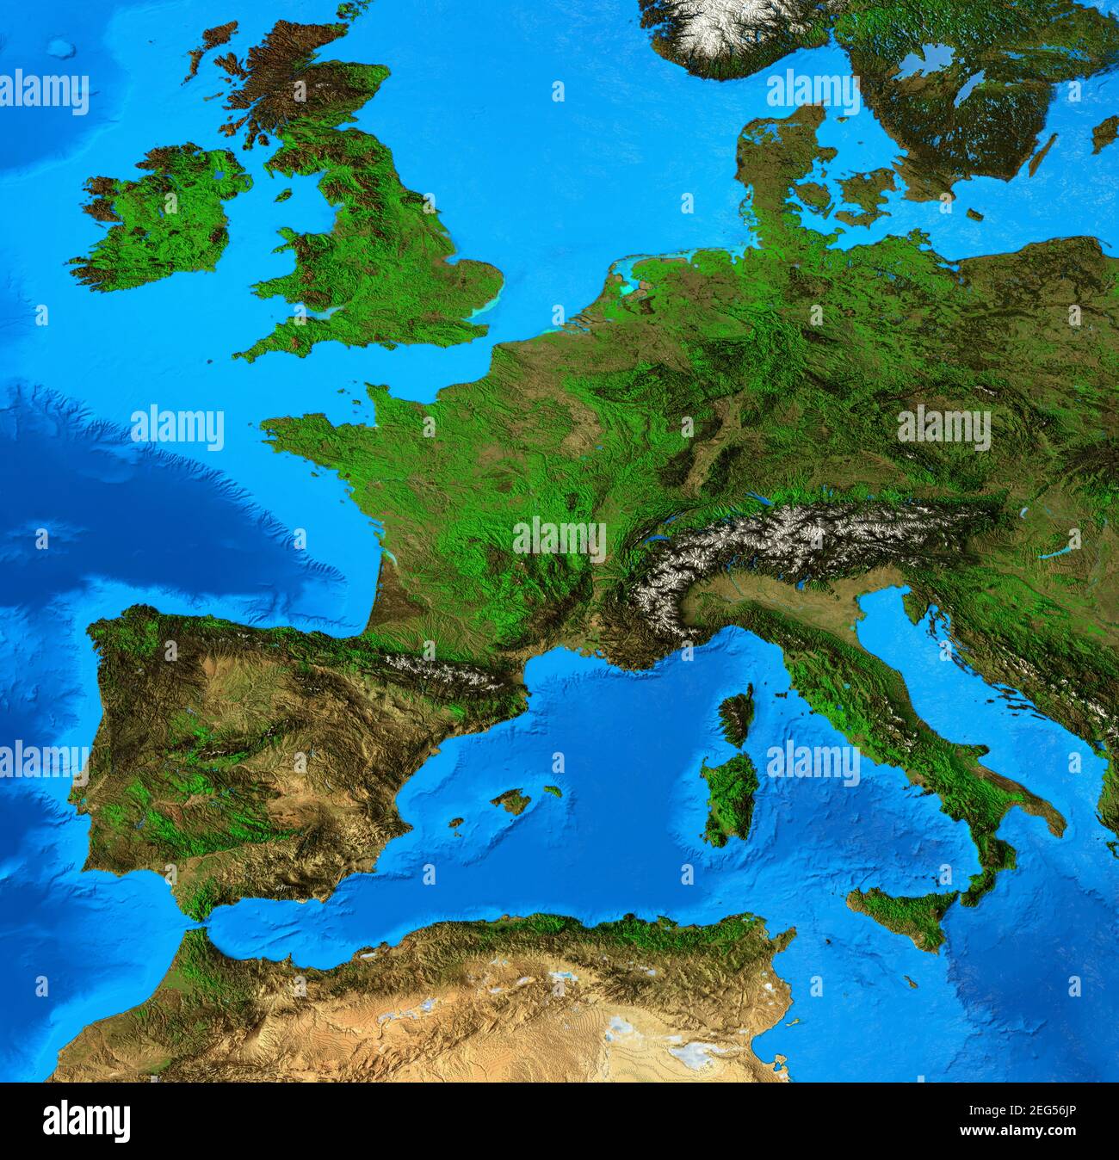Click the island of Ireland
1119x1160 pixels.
(159, 219)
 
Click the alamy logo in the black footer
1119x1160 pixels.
(86, 1121)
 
